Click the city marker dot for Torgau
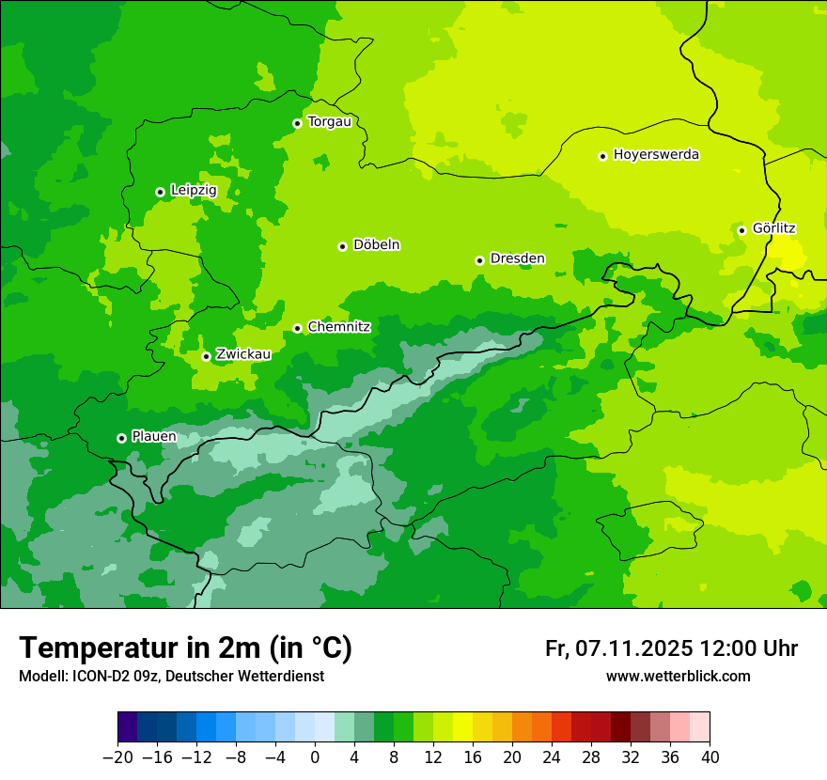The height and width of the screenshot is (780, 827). point(297,123)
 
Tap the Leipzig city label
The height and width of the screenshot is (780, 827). point(194,190)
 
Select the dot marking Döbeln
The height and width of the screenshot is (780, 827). point(342,246)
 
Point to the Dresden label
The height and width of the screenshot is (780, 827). point(517,258)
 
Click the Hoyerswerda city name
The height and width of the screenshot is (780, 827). point(656,154)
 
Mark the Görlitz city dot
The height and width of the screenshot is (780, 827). point(741,230)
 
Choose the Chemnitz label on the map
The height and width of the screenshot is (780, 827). point(338,327)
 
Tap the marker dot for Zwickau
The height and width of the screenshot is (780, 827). point(206,356)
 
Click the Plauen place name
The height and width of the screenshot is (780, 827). point(153,436)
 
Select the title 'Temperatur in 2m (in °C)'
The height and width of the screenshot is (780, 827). point(185,647)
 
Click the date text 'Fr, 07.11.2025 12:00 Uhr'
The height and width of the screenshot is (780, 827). point(671,648)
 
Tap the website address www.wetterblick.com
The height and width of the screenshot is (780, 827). point(678,676)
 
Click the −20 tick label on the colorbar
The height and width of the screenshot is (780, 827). point(117,757)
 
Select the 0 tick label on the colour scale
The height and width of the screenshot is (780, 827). point(315,757)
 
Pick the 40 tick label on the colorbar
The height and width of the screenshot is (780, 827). point(710,757)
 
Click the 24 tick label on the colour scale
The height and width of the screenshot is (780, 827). point(552,757)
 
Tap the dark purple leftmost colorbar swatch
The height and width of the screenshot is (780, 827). point(128,727)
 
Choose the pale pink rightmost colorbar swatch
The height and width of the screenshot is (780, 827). point(700,727)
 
